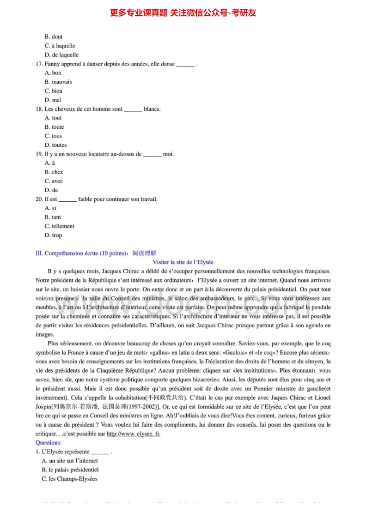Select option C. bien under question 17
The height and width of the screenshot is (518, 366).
tap(54, 91)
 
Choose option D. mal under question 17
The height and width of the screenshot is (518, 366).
tap(53, 100)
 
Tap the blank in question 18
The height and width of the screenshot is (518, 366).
tap(133, 110)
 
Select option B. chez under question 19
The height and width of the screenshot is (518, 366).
tap(54, 172)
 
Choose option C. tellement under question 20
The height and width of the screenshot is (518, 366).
tap(60, 226)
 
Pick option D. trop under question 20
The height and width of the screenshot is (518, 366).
tap(54, 235)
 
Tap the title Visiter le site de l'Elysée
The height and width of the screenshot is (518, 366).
tap(183, 262)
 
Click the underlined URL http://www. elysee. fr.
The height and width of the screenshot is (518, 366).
tap(134, 434)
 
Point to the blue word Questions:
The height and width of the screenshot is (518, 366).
tap(49, 443)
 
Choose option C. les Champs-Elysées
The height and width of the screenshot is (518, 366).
tap(70, 479)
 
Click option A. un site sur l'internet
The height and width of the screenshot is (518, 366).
tap(70, 461)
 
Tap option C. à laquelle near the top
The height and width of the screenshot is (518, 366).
tap(60, 46)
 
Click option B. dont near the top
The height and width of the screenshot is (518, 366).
tap(54, 37)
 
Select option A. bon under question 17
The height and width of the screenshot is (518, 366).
tap(53, 73)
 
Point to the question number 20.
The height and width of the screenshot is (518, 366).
tap(39, 199)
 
